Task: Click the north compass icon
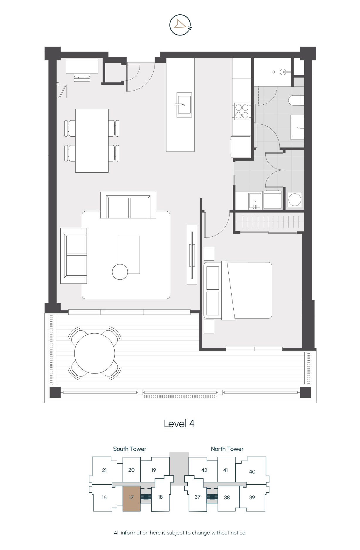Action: tap(181, 25)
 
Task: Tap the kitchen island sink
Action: tap(184, 105)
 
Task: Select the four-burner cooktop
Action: tap(242, 111)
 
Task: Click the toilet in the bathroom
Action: tap(296, 100)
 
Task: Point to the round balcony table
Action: tap(95, 353)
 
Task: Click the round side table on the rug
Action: tap(120, 272)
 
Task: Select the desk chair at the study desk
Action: tap(82, 77)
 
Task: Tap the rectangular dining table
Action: tap(92, 141)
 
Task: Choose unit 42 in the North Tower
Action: tap(204, 470)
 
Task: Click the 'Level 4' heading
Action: tap(179, 424)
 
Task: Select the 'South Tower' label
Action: tap(130, 449)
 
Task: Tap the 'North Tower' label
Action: tap(227, 449)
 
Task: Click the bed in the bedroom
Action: tap(238, 290)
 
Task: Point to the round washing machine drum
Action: tap(295, 200)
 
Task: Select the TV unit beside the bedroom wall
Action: tap(192, 255)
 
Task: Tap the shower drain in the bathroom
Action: tap(273, 72)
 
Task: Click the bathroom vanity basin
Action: tap(298, 127)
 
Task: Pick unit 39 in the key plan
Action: tap(252, 498)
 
